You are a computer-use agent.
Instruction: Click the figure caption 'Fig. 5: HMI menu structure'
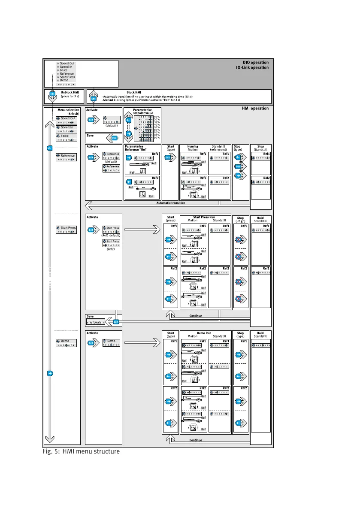pyautogui.click(x=81, y=451)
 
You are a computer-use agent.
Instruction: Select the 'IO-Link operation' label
pyautogui.click(x=252, y=67)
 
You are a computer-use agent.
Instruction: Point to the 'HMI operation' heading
pyautogui.click(x=255, y=109)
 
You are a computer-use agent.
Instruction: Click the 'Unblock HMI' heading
pyautogui.click(x=69, y=92)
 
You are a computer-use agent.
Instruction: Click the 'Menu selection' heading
pyautogui.click(x=68, y=110)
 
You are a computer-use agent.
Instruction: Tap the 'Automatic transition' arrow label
pyautogui.click(x=170, y=203)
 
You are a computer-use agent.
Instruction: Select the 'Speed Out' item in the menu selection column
pyautogui.click(x=68, y=118)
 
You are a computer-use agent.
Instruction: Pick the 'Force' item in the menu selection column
pyautogui.click(x=64, y=136)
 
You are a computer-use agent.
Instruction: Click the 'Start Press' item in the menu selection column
pyautogui.click(x=68, y=228)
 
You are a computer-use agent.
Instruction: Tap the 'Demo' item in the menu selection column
pyautogui.click(x=65, y=341)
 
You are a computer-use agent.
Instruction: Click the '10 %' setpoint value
pyautogui.click(x=157, y=117)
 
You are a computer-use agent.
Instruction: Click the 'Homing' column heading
pyautogui.click(x=193, y=146)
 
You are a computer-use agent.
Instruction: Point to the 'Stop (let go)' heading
pyautogui.click(x=240, y=219)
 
